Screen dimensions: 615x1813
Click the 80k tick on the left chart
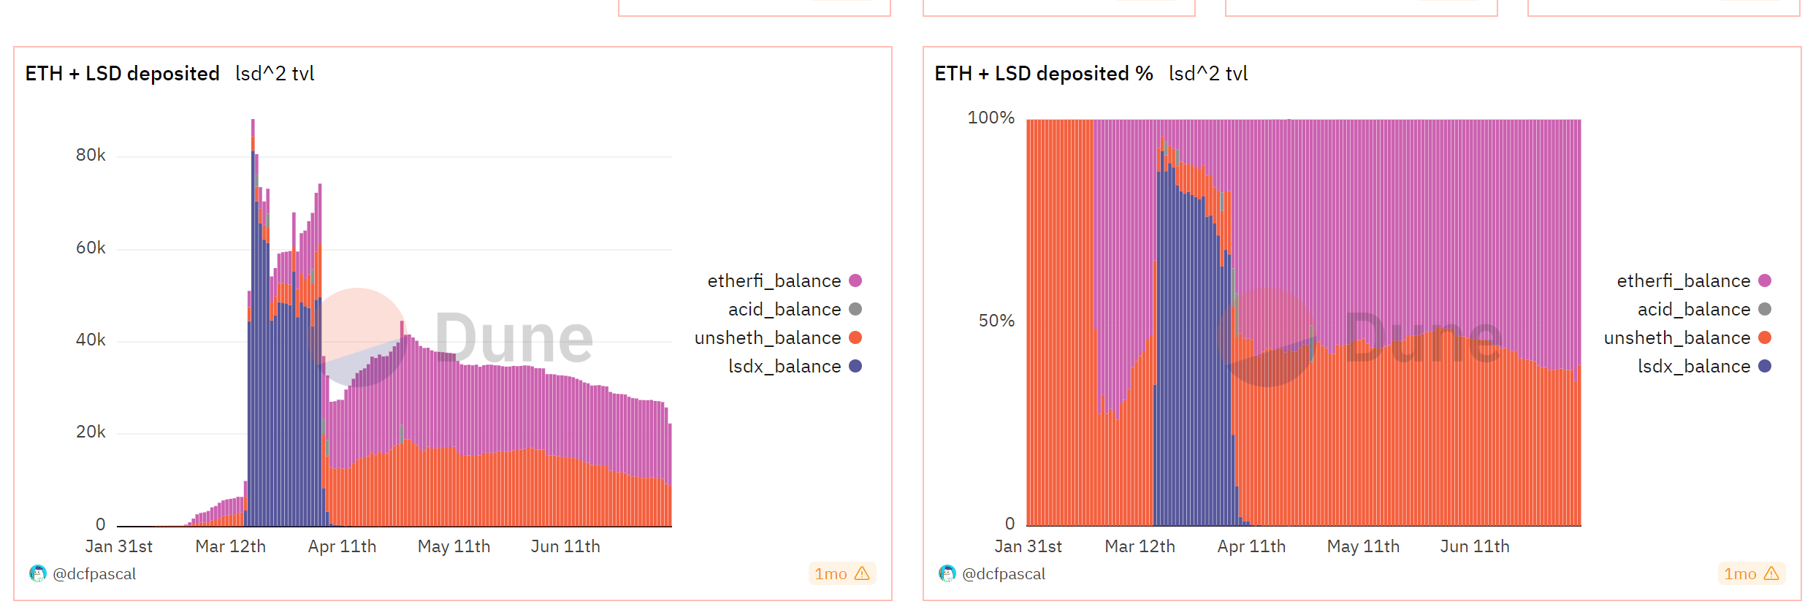tap(91, 155)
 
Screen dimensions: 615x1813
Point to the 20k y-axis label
tap(91, 432)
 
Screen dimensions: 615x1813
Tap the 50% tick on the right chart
tap(996, 321)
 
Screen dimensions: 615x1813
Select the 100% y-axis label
tap(991, 118)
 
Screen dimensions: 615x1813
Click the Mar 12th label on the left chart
tap(230, 546)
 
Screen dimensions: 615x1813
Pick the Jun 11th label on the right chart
tap(1474, 546)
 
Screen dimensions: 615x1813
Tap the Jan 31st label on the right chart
tap(1028, 546)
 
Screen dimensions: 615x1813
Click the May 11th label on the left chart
tap(454, 546)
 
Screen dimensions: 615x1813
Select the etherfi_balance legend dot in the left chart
tap(855, 280)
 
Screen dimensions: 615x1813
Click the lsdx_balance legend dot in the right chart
tap(1765, 366)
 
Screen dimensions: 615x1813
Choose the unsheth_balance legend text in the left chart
tap(767, 337)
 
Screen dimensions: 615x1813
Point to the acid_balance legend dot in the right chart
tap(1765, 309)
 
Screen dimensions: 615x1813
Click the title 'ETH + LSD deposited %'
tap(1043, 73)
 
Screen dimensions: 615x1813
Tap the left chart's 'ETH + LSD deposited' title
tap(122, 73)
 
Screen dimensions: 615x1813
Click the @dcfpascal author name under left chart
tap(94, 574)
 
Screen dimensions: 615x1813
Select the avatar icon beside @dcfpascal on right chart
tap(947, 574)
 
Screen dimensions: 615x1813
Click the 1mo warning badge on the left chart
tap(841, 574)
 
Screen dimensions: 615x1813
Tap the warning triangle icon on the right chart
tap(1771, 574)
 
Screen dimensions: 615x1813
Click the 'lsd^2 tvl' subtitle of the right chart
tap(1207, 73)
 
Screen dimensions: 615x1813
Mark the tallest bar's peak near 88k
tap(253, 121)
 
